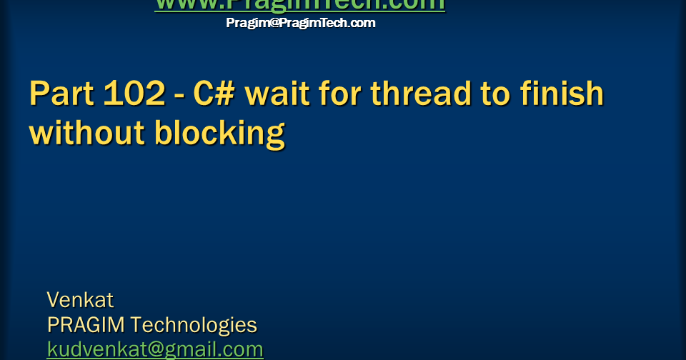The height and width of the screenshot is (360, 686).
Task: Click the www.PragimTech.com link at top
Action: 299,4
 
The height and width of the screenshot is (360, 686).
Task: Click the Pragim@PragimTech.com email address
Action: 300,23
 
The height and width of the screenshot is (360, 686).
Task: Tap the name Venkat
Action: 80,299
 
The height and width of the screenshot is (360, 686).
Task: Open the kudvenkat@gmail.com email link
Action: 155,349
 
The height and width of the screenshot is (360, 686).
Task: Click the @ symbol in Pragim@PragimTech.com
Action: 263,23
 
